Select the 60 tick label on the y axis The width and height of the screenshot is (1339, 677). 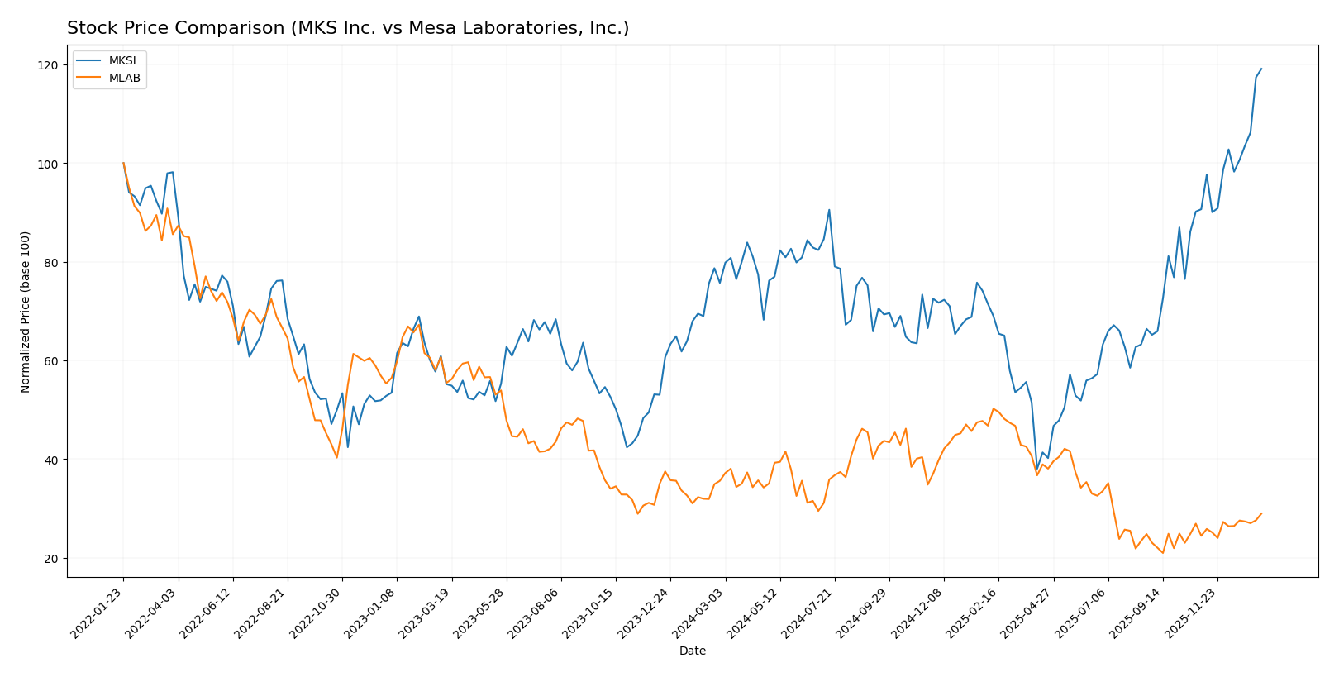coord(50,361)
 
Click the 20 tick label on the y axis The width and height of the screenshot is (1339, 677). coord(50,559)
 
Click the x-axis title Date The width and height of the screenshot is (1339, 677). coord(692,651)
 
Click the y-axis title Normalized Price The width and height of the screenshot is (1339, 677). coord(26,312)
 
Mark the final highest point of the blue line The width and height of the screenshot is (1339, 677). coord(1261,69)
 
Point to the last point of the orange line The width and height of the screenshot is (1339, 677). coord(1261,513)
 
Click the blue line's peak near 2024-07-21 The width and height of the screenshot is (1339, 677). coord(829,210)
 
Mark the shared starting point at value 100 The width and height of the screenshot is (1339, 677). coord(123,164)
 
